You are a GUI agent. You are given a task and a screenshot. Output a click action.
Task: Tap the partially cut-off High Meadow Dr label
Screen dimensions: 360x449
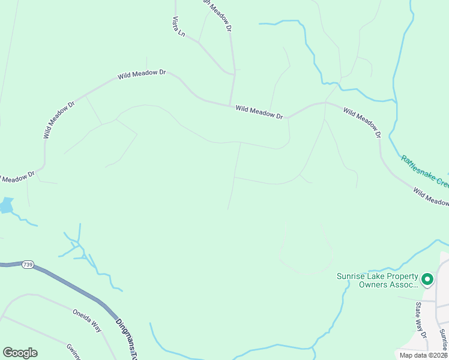218,14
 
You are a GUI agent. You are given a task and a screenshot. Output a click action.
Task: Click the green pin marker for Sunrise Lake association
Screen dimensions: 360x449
427,280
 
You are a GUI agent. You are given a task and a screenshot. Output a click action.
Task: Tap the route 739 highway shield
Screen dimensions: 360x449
28,264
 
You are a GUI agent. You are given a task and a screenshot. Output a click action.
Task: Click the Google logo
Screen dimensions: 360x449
20,353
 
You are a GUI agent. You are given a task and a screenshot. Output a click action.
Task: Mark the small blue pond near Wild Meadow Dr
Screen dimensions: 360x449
5,206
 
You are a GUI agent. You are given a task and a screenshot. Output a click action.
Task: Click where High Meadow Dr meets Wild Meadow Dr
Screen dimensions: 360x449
231,106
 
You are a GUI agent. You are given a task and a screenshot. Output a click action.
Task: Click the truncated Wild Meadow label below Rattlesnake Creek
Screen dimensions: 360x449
431,197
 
